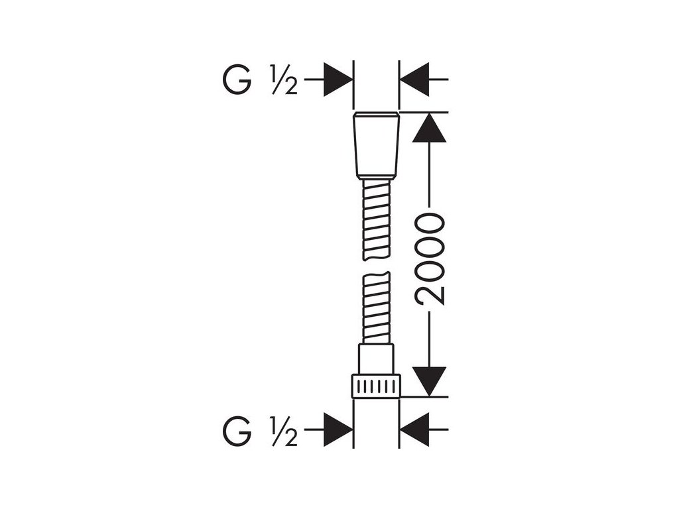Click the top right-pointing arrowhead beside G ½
coord(338,80)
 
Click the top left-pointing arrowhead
coord(414,80)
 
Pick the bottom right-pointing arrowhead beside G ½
coord(338,431)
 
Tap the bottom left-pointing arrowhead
coord(414,431)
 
